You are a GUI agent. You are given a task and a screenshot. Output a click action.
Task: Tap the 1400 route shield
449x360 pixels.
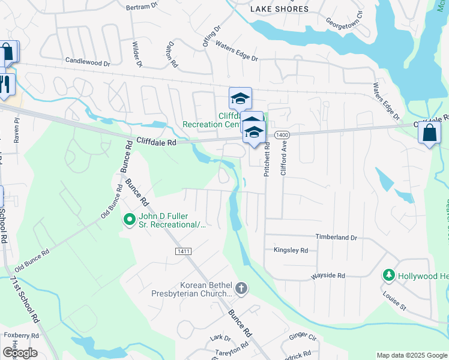(282, 136)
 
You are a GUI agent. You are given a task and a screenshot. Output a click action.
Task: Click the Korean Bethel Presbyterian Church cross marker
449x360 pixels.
(241, 289)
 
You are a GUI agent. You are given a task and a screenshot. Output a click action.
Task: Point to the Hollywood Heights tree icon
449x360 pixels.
(388, 275)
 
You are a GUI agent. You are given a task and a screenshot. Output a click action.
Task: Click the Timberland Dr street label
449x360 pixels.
(336, 238)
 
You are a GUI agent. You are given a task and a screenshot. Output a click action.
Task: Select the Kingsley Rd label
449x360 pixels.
(291, 250)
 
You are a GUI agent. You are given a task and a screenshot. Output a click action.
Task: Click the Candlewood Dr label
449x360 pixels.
(88, 62)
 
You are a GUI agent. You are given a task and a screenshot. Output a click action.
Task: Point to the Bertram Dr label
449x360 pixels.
(142, 7)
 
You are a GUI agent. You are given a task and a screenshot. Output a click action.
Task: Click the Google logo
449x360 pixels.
(20, 352)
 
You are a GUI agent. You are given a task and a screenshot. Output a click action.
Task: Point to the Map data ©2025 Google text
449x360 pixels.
(411, 355)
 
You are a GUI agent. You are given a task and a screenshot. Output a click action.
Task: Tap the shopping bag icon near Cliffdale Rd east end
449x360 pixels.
(430, 133)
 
